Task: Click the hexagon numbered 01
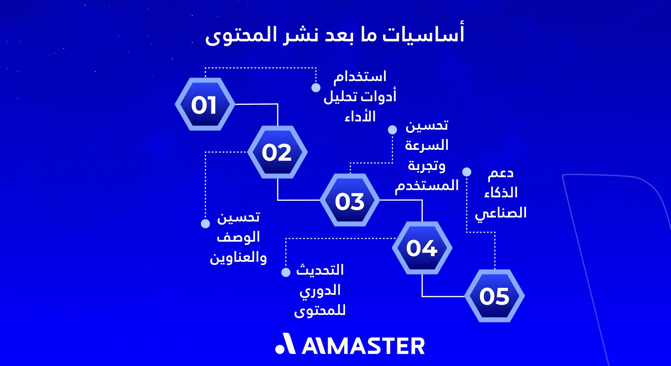click(x=205, y=104)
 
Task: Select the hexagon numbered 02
click(x=277, y=152)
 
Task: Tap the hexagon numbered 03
click(x=350, y=200)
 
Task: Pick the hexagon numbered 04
click(x=422, y=248)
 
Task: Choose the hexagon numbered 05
click(x=495, y=296)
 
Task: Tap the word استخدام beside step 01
click(x=360, y=77)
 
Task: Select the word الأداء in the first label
click(x=360, y=117)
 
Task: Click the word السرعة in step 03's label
click(x=427, y=145)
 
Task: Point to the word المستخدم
click(x=427, y=186)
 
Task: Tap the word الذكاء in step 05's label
click(x=501, y=193)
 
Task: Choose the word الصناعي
click(x=501, y=213)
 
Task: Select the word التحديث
click(x=320, y=270)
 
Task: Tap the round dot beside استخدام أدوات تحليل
click(x=316, y=88)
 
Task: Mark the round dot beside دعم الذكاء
click(x=467, y=172)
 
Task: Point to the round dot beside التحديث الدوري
click(x=286, y=272)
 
